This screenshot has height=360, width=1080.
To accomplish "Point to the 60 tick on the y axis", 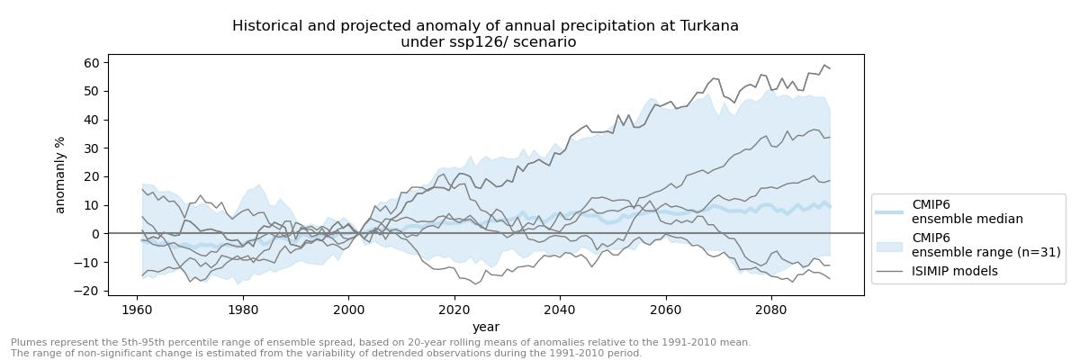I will [91, 63].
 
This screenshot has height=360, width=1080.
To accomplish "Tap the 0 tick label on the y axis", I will [95, 234].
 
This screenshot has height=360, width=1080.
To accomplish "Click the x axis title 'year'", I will [486, 327].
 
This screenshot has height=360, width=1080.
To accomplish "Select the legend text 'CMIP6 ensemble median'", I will [967, 211].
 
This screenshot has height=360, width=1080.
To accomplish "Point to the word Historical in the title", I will [266, 26].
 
